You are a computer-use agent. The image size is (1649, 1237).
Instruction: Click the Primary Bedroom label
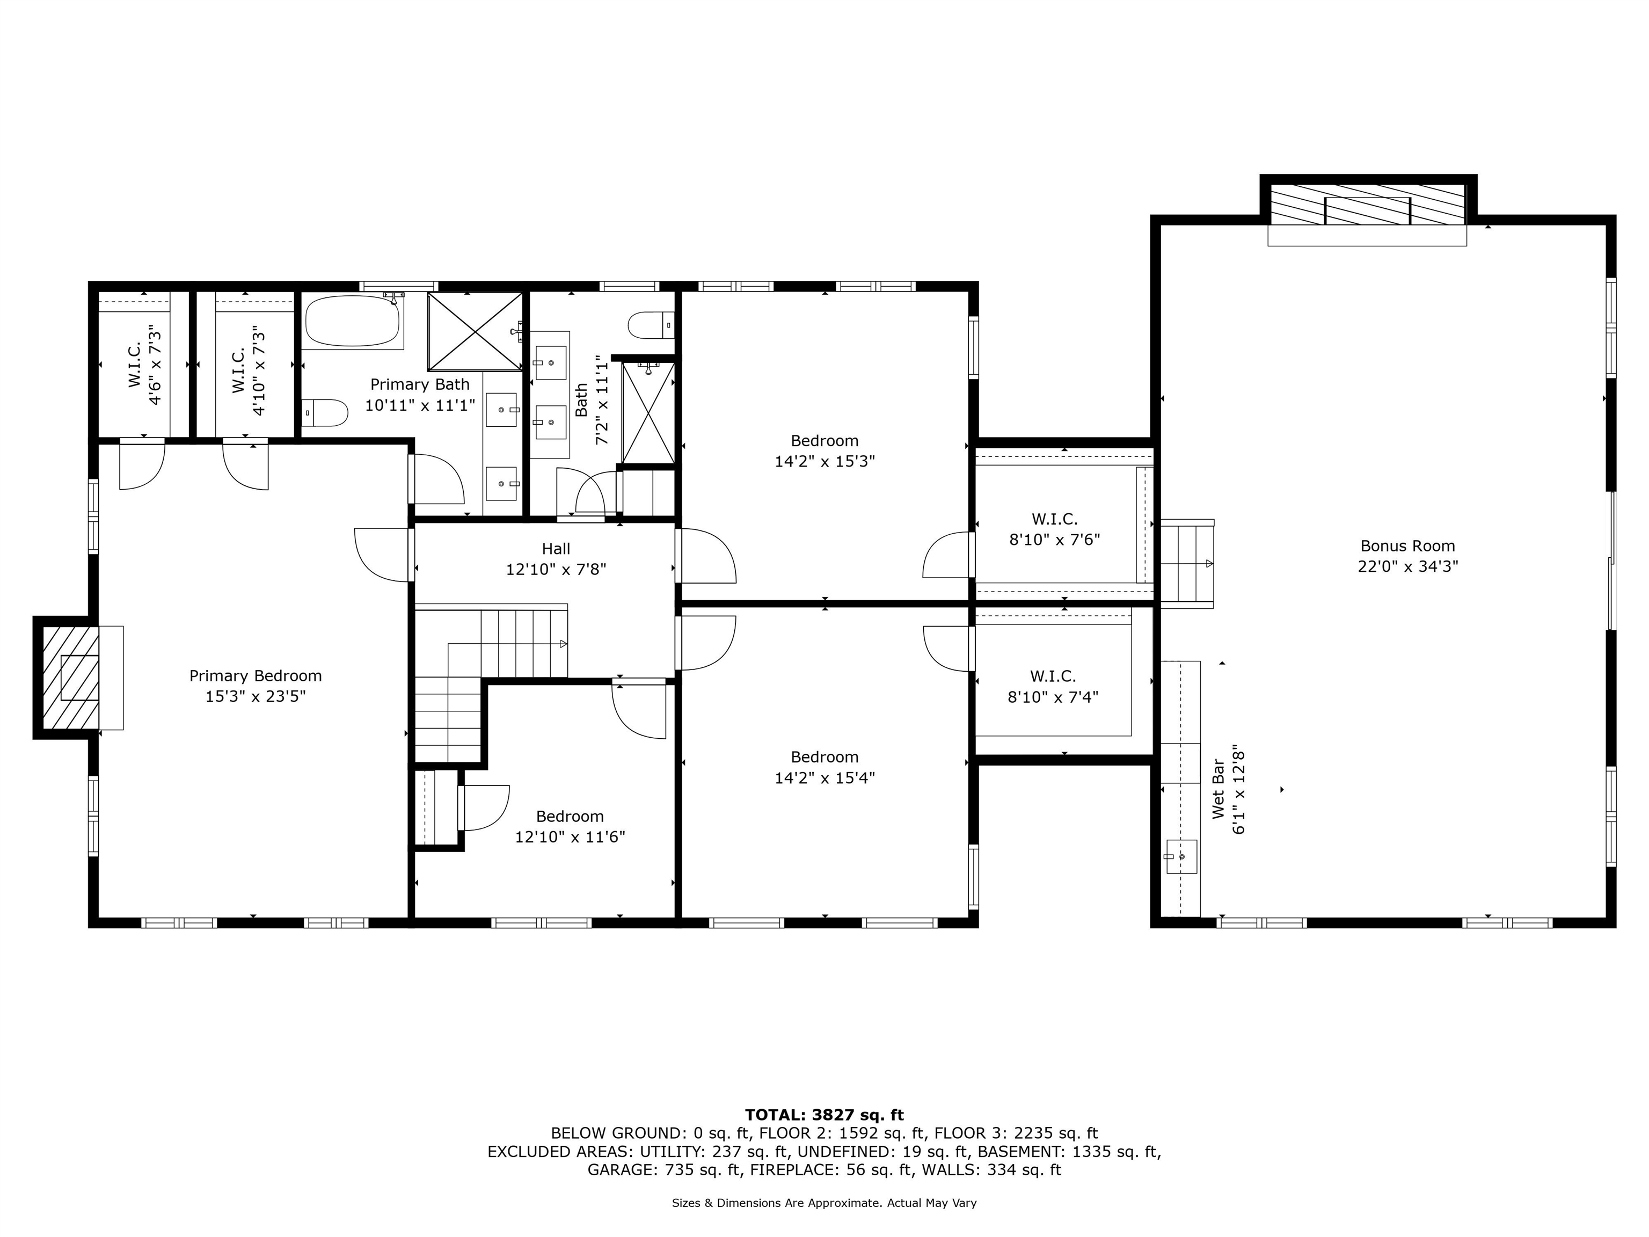(255, 675)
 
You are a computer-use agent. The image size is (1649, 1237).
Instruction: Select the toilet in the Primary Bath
(325, 412)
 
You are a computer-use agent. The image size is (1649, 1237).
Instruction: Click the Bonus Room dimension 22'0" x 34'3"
(1407, 566)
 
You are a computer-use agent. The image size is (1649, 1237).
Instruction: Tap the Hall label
(556, 549)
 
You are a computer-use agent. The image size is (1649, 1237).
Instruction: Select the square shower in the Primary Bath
(476, 331)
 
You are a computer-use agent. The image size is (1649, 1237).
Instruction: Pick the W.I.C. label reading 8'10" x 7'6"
(1054, 529)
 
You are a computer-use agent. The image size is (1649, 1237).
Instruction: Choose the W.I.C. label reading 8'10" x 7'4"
(1053, 687)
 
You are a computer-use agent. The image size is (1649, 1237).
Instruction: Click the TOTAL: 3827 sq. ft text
(824, 1115)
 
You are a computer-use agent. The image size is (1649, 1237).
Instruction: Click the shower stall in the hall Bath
(648, 412)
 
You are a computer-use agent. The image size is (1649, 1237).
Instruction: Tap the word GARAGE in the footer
(623, 1170)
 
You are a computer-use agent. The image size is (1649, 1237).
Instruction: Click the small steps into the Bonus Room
(1187, 563)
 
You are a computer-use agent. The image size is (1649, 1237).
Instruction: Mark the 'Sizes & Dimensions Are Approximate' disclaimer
(824, 1203)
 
